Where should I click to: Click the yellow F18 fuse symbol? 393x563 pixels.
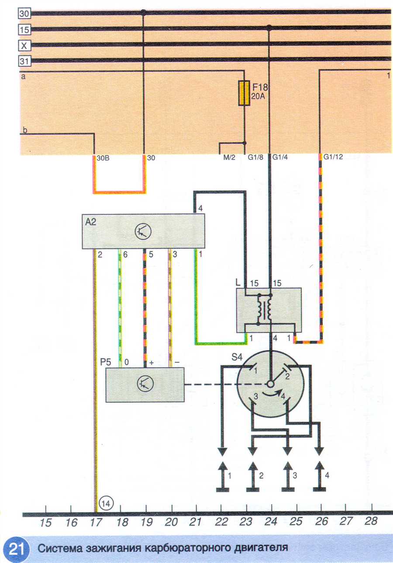point(244,93)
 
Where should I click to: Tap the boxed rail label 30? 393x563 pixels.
point(24,14)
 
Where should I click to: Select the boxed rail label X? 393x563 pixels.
point(24,46)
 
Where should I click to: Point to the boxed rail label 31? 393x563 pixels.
point(24,61)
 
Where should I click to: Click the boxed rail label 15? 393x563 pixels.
point(24,30)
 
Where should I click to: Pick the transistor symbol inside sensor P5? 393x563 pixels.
point(145,385)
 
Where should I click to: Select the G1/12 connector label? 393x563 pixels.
point(333,157)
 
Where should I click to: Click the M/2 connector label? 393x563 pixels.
point(229,158)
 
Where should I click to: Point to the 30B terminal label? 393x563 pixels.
point(103,158)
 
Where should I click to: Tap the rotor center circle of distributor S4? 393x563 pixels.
point(271,384)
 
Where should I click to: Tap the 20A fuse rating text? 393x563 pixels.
point(258,96)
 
